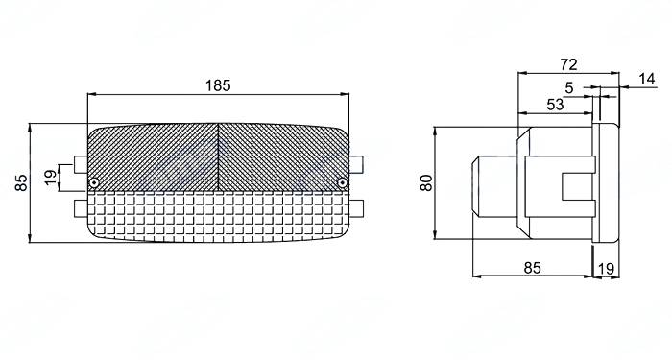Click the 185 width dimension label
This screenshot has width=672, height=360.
click(x=218, y=85)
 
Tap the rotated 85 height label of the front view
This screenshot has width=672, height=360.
click(x=21, y=182)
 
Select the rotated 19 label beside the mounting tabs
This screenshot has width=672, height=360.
click(x=50, y=178)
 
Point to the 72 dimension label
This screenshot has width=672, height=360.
click(x=568, y=64)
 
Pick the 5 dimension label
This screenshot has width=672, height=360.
click(x=569, y=88)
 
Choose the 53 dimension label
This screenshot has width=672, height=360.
click(x=556, y=105)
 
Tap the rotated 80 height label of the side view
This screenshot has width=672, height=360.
click(x=426, y=183)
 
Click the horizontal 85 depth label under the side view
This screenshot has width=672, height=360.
click(x=533, y=268)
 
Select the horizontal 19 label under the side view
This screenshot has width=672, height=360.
click(x=606, y=269)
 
